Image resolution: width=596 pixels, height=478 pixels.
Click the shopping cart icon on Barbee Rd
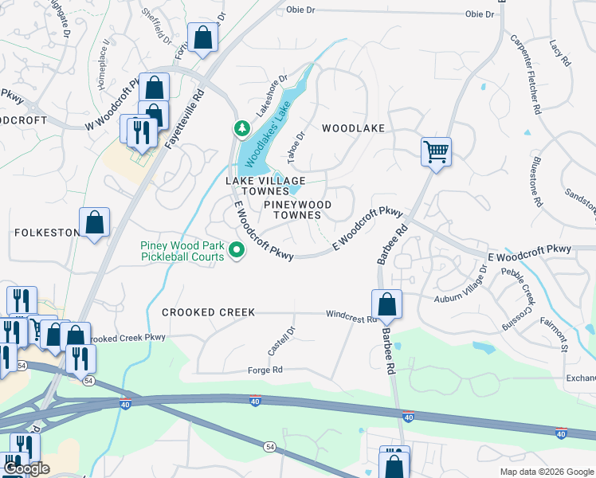click(436, 151)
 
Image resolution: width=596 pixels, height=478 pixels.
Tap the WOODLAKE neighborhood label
click(353, 128)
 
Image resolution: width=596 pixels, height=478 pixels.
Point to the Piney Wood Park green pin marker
click(237, 250)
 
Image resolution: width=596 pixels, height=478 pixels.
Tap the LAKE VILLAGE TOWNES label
click(257, 186)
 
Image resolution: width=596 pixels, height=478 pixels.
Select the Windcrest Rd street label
click(351, 316)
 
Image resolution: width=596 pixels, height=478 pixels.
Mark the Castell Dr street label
click(281, 341)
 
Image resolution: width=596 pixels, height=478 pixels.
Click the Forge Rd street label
click(265, 370)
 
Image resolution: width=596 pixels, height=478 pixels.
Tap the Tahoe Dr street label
click(296, 147)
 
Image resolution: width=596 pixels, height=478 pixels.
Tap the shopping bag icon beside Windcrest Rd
click(386, 304)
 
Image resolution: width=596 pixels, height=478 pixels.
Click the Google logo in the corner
click(25, 468)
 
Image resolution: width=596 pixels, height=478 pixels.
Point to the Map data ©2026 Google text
click(546, 472)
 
